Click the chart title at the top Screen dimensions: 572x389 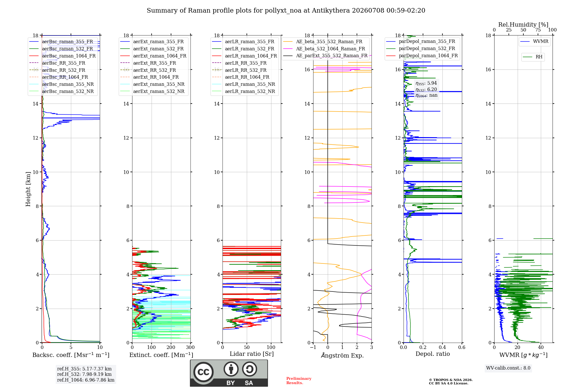pyautogui.click(x=286, y=11)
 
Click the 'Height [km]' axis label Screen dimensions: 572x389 pyautogui.click(x=28, y=189)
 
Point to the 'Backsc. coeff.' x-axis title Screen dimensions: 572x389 pyautogui.click(x=71, y=355)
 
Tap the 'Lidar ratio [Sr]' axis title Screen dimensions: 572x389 pyautogui.click(x=252, y=354)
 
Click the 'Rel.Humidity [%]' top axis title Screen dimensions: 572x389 pyautogui.click(x=523, y=25)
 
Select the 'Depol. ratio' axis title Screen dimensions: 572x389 pyautogui.click(x=433, y=354)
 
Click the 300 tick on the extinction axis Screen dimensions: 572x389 pyautogui.click(x=190, y=347)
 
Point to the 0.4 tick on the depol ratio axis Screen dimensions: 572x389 pyautogui.click(x=442, y=347)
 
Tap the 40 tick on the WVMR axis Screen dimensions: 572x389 pyautogui.click(x=541, y=347)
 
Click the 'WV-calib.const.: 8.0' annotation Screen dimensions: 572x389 pyautogui.click(x=508, y=368)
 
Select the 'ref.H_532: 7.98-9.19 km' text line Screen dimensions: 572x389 pyautogui.click(x=84, y=374)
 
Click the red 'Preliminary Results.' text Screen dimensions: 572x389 pyautogui.click(x=299, y=381)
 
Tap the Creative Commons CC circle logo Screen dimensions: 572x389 pyautogui.click(x=203, y=372)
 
